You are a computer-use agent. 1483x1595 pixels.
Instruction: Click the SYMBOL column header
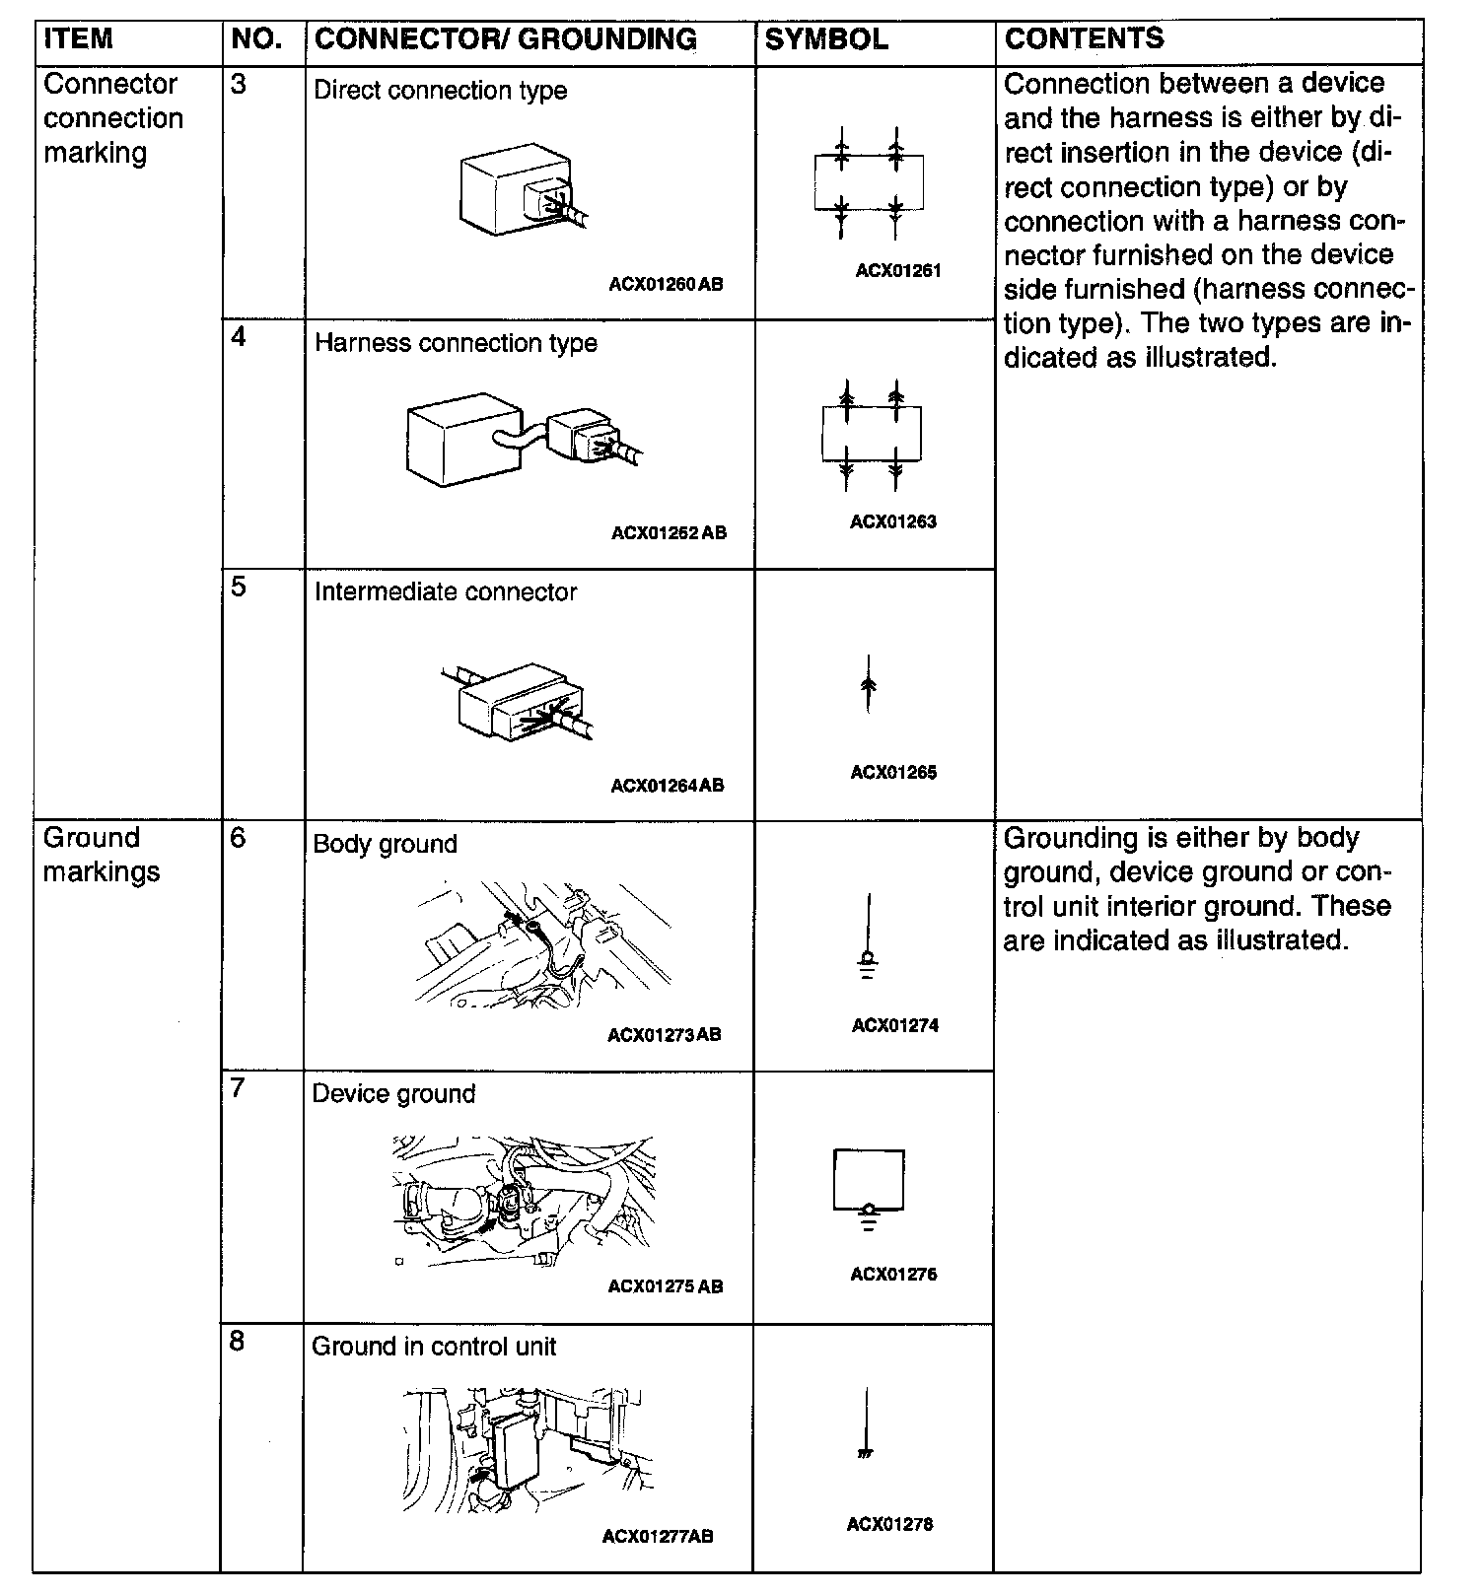(826, 39)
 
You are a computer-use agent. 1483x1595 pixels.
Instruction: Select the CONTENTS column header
(1084, 38)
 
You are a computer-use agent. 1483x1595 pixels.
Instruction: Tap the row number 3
(239, 84)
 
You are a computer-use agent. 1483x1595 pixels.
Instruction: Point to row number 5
(239, 588)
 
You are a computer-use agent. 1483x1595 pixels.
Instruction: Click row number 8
(238, 1342)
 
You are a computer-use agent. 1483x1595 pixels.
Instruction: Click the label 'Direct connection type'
(440, 91)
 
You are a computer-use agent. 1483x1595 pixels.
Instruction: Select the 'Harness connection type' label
(456, 343)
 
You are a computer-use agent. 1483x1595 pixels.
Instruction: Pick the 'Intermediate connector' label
(446, 592)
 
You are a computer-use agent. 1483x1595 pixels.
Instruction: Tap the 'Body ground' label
(385, 845)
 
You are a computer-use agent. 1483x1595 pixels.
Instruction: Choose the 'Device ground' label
(393, 1094)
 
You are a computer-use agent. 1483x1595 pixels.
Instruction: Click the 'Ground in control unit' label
(434, 1347)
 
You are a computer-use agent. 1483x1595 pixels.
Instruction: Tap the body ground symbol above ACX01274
(868, 936)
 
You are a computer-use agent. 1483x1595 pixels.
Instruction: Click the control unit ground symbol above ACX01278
(866, 1424)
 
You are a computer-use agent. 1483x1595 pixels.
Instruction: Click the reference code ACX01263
(893, 522)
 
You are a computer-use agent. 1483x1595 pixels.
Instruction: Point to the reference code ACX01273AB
(665, 1035)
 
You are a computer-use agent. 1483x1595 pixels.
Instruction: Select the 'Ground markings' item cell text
(101, 855)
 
